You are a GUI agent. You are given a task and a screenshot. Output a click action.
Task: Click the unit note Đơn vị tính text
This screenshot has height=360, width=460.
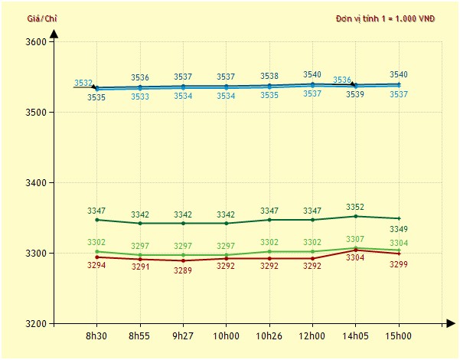[x=385, y=18]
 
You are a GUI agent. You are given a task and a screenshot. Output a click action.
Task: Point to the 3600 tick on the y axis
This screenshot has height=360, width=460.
[x=36, y=41]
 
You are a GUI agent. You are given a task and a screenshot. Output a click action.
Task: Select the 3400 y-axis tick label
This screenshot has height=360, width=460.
[x=36, y=183]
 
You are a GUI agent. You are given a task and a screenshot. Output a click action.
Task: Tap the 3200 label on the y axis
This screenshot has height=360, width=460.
[x=36, y=324]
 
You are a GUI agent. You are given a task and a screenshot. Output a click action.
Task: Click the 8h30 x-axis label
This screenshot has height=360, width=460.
[x=96, y=336]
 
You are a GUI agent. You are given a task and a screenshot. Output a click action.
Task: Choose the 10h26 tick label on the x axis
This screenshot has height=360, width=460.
[x=269, y=336]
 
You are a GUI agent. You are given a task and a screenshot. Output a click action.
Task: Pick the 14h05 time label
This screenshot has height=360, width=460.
[x=355, y=336]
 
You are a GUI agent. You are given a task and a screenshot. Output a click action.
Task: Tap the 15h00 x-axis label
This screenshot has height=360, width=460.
[x=399, y=336]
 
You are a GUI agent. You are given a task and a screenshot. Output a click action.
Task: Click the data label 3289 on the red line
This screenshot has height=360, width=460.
[x=183, y=270]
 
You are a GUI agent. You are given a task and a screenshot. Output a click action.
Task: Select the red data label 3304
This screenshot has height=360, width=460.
[x=355, y=258]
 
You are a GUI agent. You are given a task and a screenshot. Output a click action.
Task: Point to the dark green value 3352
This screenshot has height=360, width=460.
[x=355, y=207]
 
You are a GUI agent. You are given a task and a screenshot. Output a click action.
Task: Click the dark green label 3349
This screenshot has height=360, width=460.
[x=399, y=228]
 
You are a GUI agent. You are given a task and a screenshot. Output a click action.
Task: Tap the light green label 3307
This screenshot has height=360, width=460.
[x=355, y=240]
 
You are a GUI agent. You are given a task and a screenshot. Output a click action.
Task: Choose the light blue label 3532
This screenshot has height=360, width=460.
[x=83, y=83]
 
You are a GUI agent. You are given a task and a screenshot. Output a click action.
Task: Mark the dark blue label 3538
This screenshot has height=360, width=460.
[x=269, y=76]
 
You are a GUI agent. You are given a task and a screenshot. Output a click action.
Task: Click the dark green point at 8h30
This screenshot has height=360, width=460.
[x=97, y=220]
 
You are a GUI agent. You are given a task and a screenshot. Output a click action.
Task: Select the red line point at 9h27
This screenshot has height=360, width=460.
[x=183, y=260]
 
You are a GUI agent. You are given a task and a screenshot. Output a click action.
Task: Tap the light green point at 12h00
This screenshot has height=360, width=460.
[x=312, y=251]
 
